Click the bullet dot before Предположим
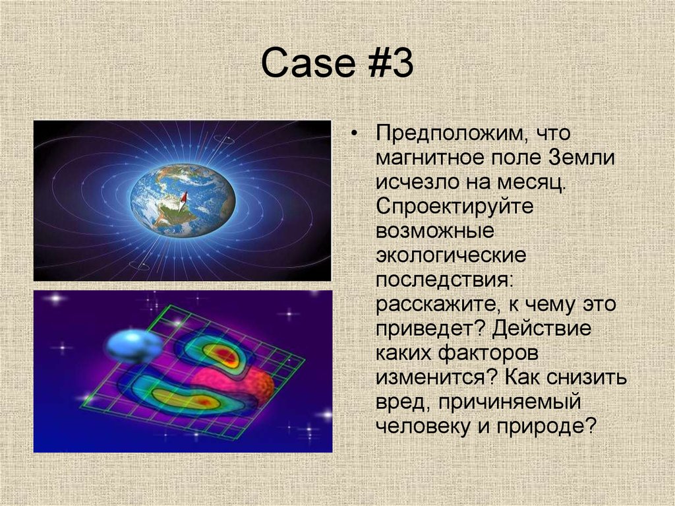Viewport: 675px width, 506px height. tap(355, 134)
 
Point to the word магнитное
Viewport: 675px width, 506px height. tap(430, 158)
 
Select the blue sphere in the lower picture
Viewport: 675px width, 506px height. tap(133, 346)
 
